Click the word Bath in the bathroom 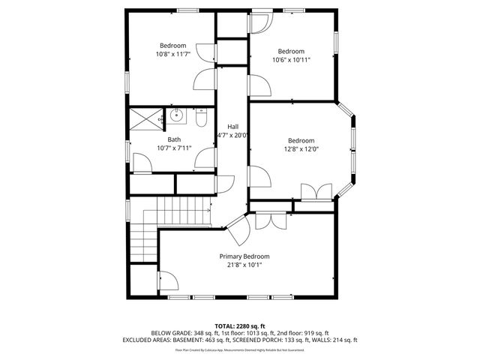174,139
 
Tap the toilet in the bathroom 200,118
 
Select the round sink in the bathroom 177,116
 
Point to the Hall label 233,126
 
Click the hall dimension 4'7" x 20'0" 233,136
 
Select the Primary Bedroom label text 244,256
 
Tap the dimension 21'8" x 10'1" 244,265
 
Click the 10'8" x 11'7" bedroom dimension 173,54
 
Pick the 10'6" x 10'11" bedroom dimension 291,59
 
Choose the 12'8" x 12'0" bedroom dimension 301,148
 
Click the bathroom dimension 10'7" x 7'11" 174,148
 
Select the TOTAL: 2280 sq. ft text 240,325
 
